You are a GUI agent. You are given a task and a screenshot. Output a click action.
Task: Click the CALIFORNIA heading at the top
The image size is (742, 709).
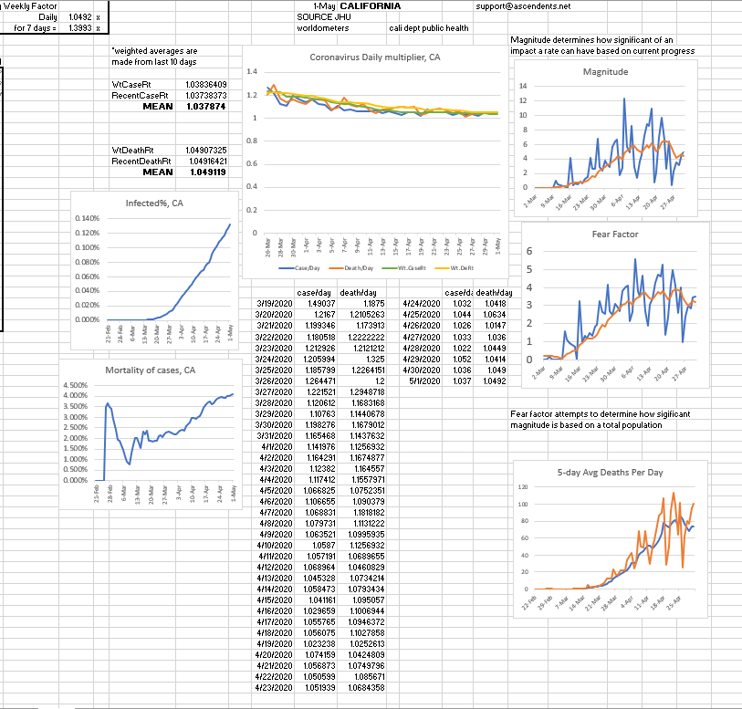[370, 6]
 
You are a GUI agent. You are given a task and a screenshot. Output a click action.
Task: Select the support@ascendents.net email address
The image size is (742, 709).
[523, 6]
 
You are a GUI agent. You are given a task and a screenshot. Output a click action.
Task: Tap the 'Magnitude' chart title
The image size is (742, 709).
[605, 71]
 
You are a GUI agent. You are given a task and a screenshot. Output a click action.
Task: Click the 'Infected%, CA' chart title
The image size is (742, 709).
[152, 203]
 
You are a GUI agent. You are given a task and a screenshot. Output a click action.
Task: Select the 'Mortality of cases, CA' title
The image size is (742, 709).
[150, 370]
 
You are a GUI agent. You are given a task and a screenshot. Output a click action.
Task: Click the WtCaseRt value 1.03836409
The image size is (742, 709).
[205, 84]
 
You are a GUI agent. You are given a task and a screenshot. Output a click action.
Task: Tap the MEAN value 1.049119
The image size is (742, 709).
[208, 172]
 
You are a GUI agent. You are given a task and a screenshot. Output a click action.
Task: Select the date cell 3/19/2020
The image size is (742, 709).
[274, 303]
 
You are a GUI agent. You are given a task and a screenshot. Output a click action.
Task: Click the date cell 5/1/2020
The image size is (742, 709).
[423, 381]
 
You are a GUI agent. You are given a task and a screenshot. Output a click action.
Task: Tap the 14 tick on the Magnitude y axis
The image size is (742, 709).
[522, 86]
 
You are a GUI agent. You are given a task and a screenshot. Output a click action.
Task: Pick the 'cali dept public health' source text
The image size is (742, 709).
[429, 28]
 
